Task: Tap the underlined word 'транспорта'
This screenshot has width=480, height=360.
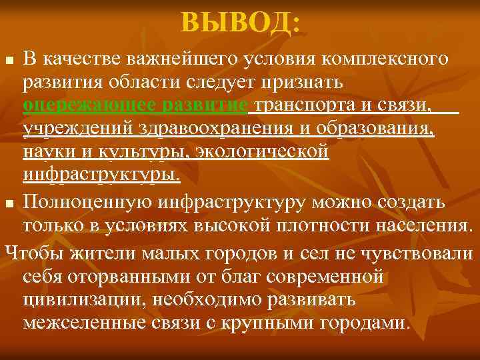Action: [x=311, y=106]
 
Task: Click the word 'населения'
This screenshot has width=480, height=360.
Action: [x=417, y=223]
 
